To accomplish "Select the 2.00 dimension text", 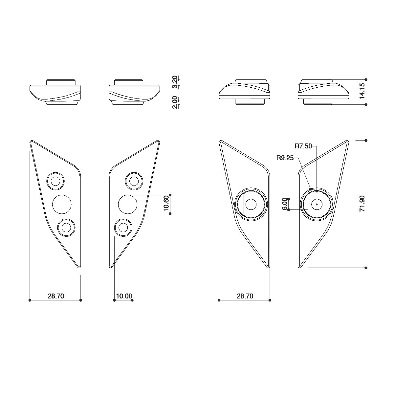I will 175,102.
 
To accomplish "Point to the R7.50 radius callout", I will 303,146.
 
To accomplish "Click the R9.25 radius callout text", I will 285,158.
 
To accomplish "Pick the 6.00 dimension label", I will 284,204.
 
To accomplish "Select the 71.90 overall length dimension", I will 362,204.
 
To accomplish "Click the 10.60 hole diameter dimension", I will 166,204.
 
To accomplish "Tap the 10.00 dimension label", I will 124,296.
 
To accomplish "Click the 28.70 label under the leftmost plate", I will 56,296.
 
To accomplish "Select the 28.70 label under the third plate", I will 245,296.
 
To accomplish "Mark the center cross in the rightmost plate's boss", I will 317,204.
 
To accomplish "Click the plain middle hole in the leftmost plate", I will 62,204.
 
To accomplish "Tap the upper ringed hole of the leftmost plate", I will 55,181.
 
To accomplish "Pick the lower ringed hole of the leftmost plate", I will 66,227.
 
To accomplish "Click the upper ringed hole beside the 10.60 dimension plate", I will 134,181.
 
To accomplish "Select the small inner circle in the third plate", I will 251,204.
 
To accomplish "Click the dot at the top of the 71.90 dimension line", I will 366,140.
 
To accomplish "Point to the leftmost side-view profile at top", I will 55,92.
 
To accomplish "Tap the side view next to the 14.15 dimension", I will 323,92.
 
